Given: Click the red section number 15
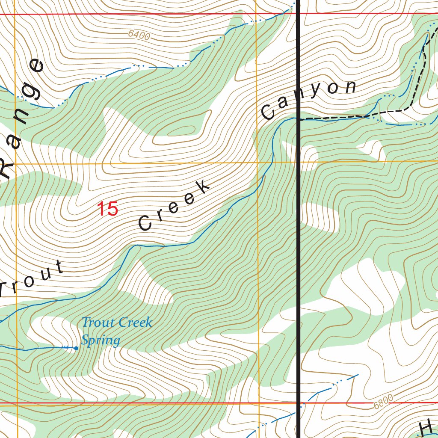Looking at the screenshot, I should coord(107,209).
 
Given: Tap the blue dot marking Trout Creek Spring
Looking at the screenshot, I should coord(76,348).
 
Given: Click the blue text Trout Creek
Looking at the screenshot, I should coord(116,322).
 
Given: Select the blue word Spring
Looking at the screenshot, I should coord(101,340).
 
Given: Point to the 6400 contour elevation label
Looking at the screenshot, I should coord(139,36).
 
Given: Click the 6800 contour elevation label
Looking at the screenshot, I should coord(382,401).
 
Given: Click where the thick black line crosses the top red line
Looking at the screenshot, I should coord(298,14).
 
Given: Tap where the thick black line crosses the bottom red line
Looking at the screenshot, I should coord(298,402).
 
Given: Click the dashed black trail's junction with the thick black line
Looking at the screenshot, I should coord(298,119).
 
